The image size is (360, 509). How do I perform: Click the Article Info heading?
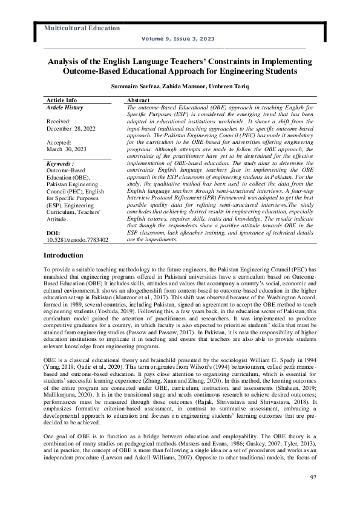pos(62,100)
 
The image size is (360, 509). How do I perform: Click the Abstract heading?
pos(139,100)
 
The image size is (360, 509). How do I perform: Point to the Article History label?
pos(65,107)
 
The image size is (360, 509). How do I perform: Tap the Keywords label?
pos(60,164)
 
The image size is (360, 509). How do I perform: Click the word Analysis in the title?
pos(64,62)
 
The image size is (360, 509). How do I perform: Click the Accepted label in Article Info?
pos(59,143)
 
